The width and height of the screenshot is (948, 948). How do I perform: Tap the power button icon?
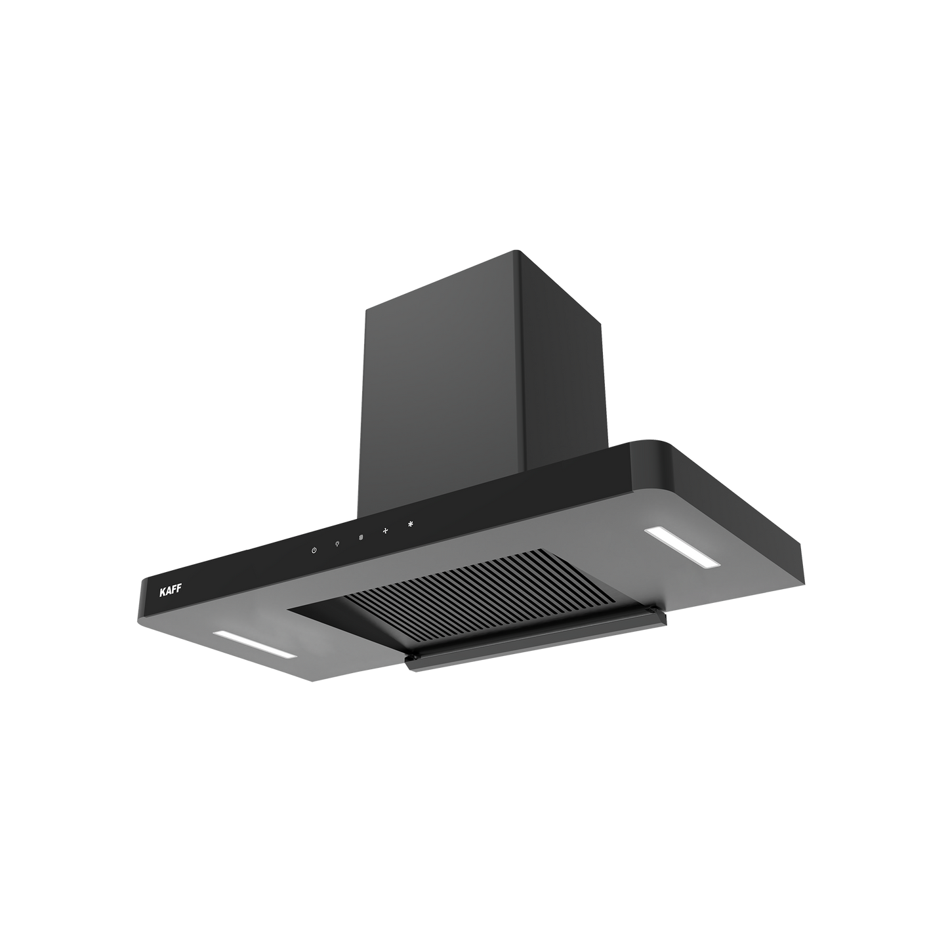314,550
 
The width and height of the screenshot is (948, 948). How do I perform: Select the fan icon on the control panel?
386,530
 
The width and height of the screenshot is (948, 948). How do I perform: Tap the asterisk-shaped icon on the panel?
410,524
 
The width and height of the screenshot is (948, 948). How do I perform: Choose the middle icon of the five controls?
361,537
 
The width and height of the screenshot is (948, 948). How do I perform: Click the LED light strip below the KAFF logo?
255,644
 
